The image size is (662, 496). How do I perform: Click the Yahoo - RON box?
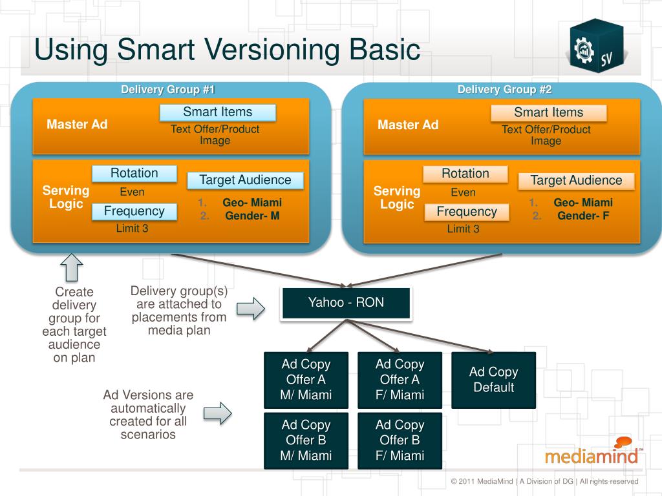click(346, 303)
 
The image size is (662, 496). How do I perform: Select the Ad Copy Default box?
click(493, 380)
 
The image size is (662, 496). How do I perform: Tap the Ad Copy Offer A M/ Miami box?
click(306, 380)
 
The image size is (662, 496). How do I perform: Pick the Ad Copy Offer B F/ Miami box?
click(400, 440)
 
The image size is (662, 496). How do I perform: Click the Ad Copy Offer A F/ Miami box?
click(400, 380)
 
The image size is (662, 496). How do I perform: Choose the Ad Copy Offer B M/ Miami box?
click(306, 440)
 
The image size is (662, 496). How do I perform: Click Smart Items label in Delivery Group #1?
click(218, 112)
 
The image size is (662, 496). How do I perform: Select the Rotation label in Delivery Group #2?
click(465, 174)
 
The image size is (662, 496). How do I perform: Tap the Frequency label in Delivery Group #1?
click(134, 211)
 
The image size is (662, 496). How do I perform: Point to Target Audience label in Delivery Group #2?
click(576, 181)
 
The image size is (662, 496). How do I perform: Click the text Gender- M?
click(252, 216)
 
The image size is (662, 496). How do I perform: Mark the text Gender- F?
click(583, 216)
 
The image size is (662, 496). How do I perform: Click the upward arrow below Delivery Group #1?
click(71, 267)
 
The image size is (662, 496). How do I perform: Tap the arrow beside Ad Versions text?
click(217, 413)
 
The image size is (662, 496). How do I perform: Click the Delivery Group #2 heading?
click(504, 90)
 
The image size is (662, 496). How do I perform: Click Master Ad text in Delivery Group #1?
click(77, 124)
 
